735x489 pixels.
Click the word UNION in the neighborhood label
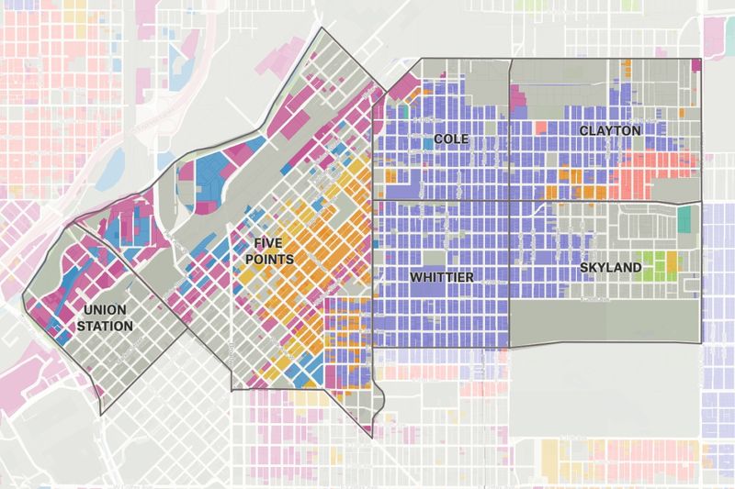[104, 311]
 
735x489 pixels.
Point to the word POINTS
[274, 260]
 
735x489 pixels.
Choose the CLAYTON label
[609, 132]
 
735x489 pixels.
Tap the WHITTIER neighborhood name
[441, 276]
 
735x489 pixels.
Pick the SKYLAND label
[611, 267]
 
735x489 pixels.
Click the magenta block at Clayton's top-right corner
[695, 64]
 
